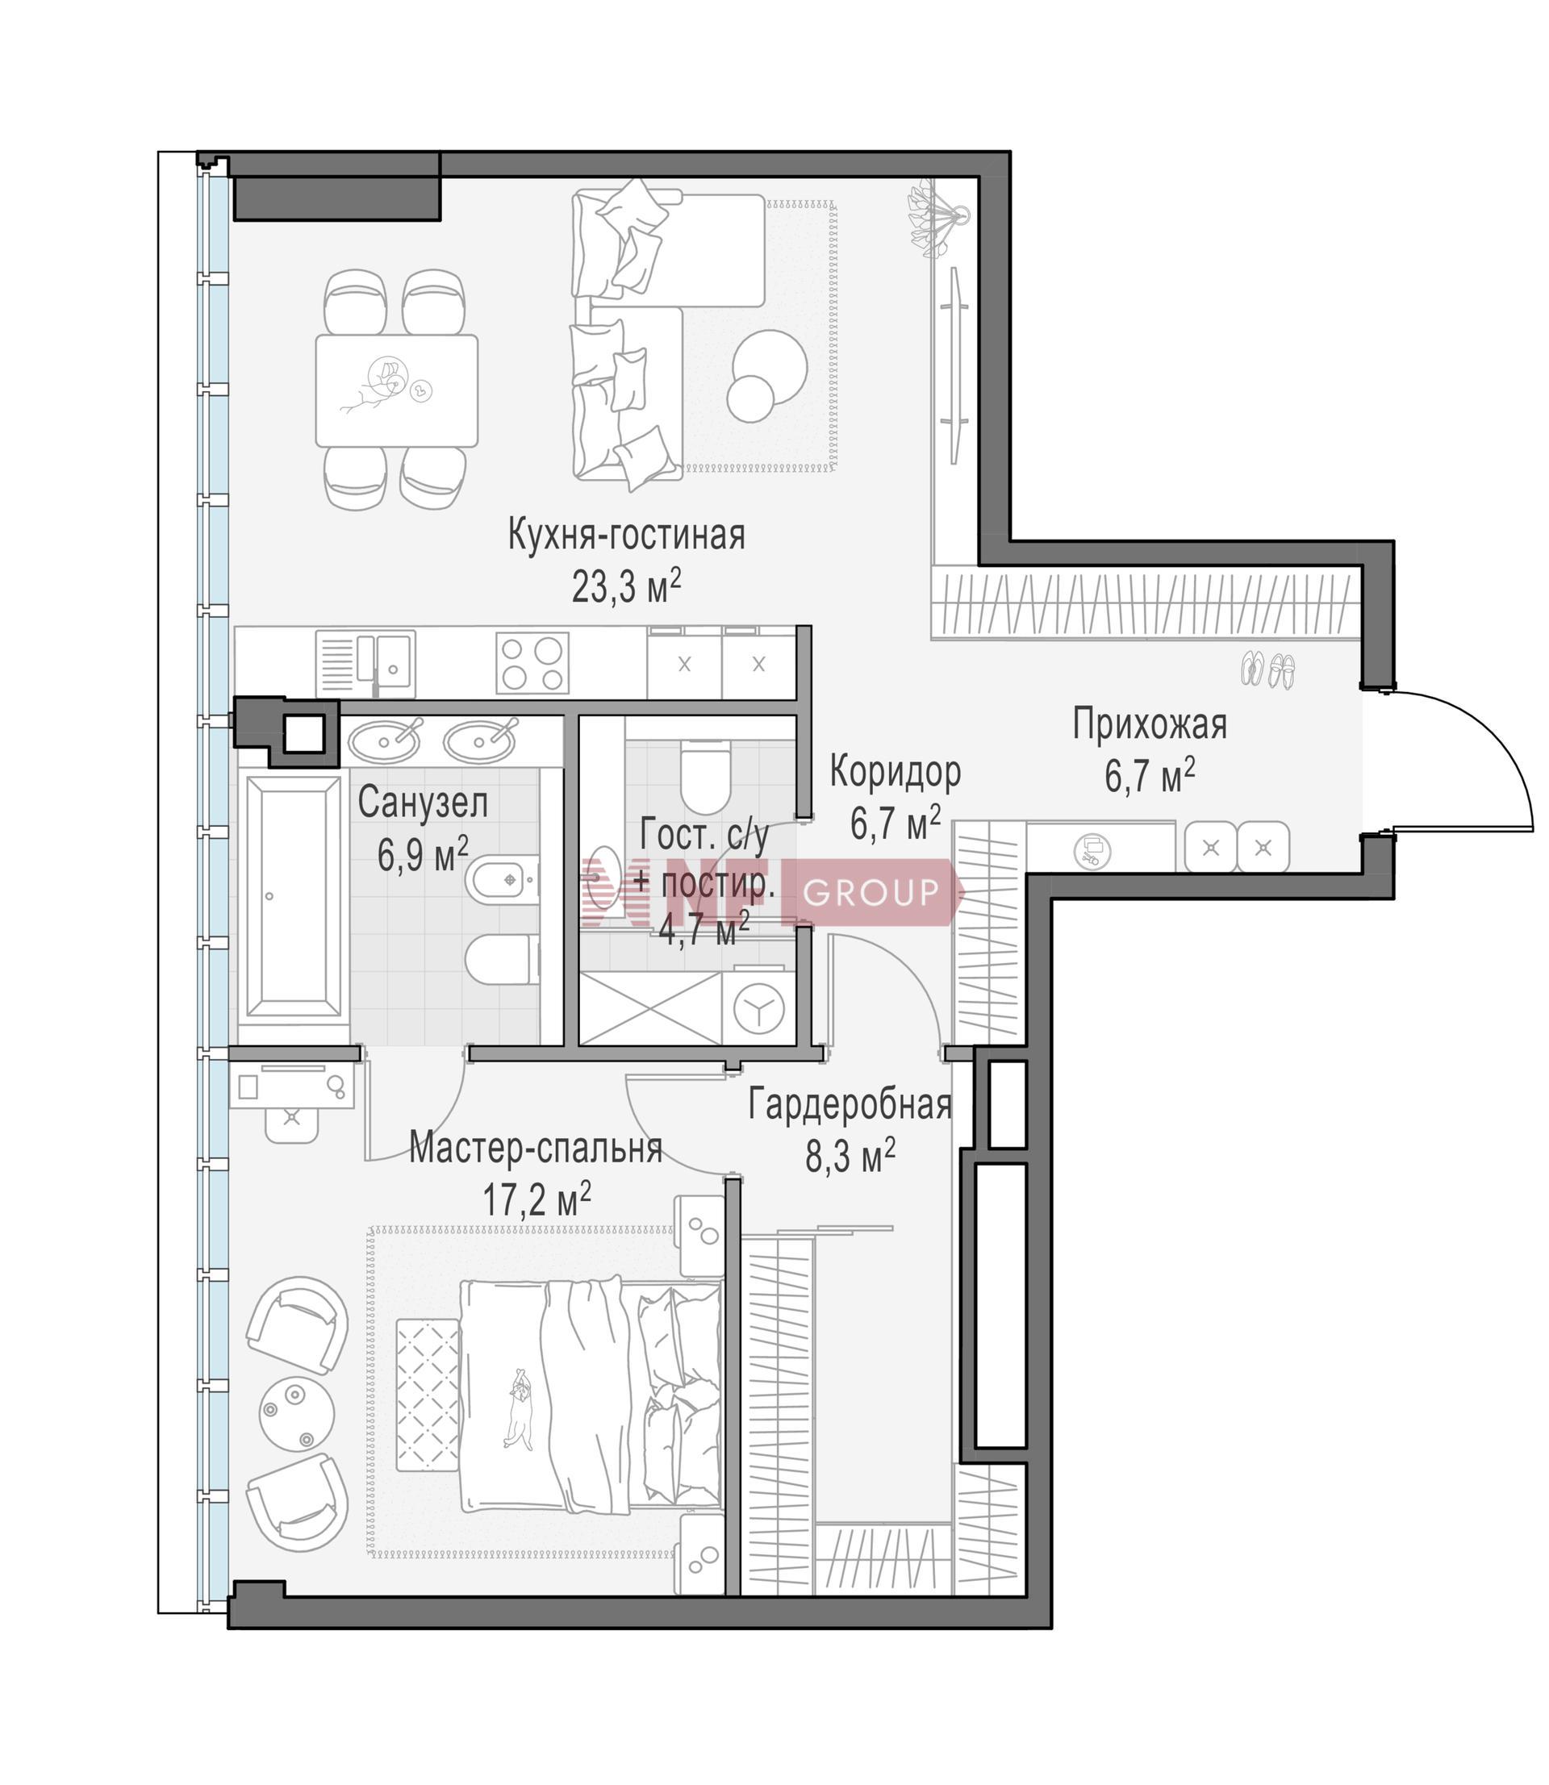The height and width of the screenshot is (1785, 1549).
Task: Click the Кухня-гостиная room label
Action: point(626,535)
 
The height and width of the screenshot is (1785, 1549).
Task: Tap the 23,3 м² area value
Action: point(626,586)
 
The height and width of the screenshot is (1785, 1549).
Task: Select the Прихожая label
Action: point(1150,724)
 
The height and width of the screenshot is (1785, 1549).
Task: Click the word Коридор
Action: point(895,772)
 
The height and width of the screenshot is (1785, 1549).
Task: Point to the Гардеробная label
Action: point(850,1105)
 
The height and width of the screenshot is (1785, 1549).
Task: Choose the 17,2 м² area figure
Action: point(537,1199)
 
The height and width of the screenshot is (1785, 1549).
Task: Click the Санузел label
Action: point(423,803)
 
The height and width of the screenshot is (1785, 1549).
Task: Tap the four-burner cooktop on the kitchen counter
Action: point(532,663)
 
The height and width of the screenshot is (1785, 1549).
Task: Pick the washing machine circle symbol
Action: point(758,1007)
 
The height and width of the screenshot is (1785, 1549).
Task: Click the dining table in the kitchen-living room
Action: point(397,390)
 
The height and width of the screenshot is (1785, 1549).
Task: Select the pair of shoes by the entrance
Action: point(1268,669)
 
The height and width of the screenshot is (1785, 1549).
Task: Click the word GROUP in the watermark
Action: point(871,890)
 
